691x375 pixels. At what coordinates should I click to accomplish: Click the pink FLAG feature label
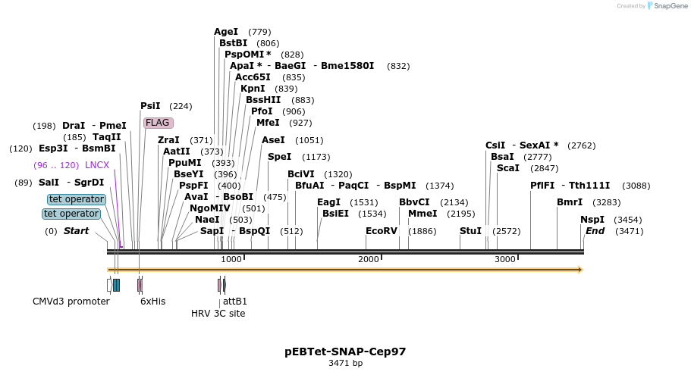158,123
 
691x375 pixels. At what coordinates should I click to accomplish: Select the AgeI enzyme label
226,32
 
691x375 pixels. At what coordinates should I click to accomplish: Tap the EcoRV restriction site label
381,231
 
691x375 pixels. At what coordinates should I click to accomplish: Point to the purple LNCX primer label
97,165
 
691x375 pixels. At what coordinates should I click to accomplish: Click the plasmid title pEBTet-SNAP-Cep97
345,352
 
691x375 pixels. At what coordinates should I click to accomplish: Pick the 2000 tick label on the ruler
368,260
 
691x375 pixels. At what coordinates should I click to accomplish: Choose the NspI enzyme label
592,220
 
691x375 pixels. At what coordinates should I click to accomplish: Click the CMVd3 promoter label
71,302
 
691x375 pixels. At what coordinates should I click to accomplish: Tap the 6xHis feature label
152,302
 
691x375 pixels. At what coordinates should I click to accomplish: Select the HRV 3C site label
218,314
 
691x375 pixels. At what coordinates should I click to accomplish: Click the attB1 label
235,302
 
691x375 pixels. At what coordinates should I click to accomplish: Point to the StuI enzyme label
470,231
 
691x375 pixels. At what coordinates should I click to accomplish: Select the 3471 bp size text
345,364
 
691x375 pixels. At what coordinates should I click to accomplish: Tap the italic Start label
76,231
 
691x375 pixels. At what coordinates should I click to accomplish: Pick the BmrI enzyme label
570,202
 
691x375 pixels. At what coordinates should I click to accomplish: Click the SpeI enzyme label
279,157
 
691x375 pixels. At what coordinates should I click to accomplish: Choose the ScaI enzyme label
508,168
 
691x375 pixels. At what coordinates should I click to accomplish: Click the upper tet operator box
76,199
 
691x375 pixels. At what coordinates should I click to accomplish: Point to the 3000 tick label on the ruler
504,260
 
